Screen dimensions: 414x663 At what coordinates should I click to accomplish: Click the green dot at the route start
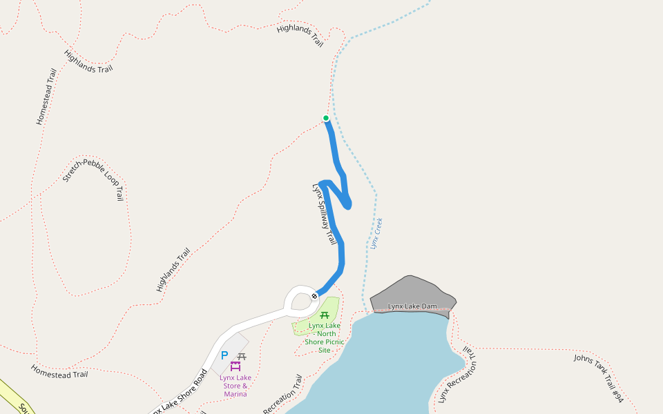pos(326,118)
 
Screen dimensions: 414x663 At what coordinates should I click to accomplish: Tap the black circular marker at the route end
pos(314,296)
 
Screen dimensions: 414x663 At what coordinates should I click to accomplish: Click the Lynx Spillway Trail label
pos(324,213)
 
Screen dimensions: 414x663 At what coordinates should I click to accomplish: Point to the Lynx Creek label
pos(376,233)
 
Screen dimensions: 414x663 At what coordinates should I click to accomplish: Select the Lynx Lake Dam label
pos(412,306)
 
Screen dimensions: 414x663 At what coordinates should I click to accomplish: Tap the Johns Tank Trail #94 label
pos(599,378)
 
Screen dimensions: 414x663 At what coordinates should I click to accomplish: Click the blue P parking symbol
pos(224,355)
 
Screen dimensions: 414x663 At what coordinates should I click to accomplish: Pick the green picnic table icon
pos(325,315)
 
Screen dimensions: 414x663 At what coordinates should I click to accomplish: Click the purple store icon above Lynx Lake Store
pos(236,366)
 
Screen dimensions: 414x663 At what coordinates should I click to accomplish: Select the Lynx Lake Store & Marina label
pos(236,386)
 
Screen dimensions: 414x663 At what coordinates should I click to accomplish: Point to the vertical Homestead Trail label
pos(46,97)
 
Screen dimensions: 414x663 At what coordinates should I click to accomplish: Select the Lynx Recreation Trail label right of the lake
pos(458,377)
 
